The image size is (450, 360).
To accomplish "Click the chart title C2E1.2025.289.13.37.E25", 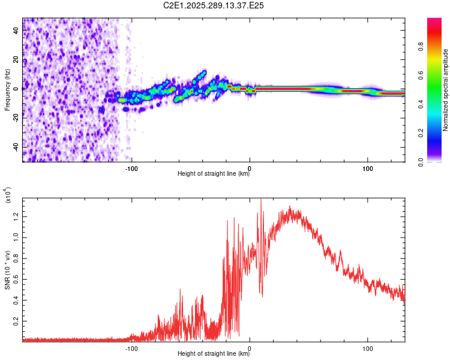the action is pos(213,5).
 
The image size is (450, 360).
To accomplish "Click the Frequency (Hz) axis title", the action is pos(7,90).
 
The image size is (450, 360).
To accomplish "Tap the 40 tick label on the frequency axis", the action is pos(16,30).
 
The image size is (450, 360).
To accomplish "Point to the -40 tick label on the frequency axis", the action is pos(16,148).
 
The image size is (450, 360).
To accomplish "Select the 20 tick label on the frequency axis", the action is pos(16,59).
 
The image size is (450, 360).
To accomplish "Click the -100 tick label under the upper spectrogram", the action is pos(131,169).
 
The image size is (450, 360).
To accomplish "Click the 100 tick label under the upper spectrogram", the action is pos(368,169).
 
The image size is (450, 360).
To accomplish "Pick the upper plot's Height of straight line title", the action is pos(214,173).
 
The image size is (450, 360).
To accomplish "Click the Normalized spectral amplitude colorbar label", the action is pos(445,90).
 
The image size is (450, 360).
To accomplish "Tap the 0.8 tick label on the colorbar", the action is pos(421,46).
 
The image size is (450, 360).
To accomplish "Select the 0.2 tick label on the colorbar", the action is pos(421,133).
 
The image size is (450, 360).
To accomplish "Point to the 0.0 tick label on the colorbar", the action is pos(421,162).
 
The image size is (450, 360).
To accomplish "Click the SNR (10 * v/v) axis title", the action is pos(7,270).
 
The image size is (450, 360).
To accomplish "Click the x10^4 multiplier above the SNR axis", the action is pos(8,195).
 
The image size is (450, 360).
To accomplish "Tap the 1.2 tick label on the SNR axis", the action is pos(16,217).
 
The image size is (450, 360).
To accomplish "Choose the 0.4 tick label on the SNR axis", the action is pos(16,300).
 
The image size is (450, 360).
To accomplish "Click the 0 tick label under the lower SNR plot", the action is pos(250,349).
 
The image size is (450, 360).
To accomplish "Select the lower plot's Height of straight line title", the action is pos(214,353).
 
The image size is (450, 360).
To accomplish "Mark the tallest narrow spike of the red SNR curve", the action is pos(261,199).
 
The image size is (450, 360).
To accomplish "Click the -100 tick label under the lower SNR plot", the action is pos(131,349).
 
